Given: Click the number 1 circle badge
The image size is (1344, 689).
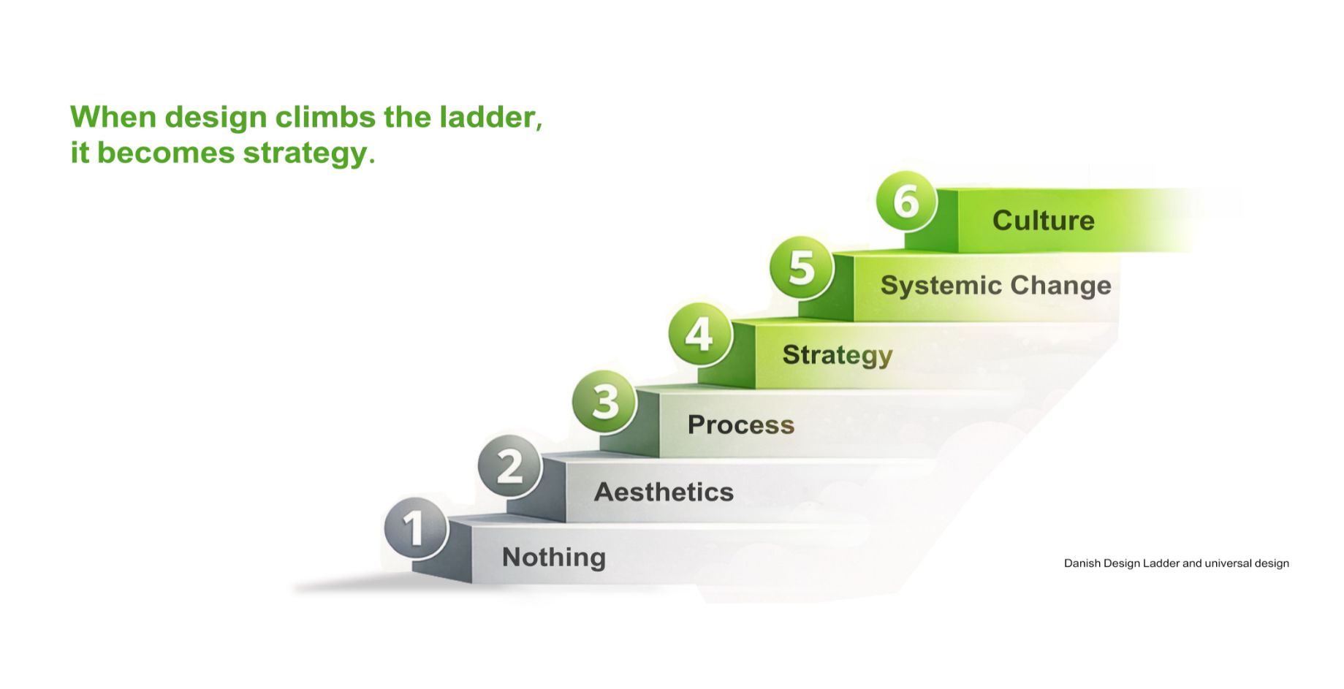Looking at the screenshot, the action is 416,528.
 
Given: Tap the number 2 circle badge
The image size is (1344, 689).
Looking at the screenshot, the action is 510,465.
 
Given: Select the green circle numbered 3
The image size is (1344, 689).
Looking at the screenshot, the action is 604,401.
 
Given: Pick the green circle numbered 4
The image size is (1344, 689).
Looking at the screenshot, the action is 700,335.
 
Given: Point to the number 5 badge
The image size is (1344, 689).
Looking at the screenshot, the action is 802,267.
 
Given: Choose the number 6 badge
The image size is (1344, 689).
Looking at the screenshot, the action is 906,201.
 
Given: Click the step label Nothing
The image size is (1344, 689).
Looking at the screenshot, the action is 554,557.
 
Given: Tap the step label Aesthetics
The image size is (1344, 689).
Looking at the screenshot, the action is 664,492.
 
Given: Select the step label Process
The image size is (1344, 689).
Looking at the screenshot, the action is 740,425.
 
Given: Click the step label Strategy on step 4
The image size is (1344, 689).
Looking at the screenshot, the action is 838,355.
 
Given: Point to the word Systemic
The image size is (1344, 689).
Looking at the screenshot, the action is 941,286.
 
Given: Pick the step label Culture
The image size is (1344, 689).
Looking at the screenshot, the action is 1043,221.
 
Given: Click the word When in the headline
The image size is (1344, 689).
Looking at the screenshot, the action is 113,117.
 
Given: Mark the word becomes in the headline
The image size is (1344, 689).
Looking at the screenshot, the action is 166,153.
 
